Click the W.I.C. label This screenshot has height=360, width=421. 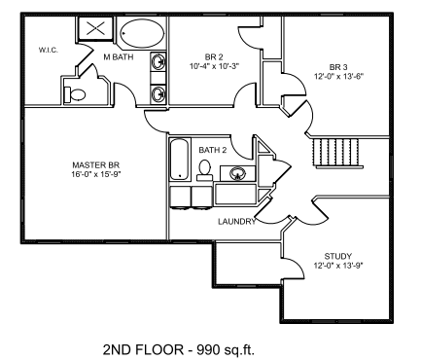[49, 50]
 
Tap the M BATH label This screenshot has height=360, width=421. [119, 57]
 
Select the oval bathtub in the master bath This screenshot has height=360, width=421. [142, 33]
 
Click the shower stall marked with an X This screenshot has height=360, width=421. [96, 28]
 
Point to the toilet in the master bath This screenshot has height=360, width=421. [75, 94]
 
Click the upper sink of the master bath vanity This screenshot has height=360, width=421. [158, 61]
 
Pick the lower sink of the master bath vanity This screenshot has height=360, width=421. [158, 94]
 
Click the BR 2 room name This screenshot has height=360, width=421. [214, 57]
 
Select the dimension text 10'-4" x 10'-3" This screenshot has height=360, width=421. [214, 66]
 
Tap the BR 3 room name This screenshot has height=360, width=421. [338, 67]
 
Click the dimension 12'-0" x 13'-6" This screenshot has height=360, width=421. [338, 76]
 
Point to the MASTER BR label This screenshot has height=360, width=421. [96, 164]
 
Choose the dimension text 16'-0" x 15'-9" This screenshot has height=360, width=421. [96, 174]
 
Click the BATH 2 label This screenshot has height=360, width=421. [213, 150]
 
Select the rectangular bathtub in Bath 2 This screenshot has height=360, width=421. [179, 160]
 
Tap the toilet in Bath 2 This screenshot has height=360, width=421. [205, 170]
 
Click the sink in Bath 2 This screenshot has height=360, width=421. [238, 173]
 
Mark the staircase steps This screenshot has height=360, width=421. [337, 152]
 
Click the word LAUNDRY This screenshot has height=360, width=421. [237, 222]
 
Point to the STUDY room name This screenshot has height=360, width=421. [338, 256]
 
